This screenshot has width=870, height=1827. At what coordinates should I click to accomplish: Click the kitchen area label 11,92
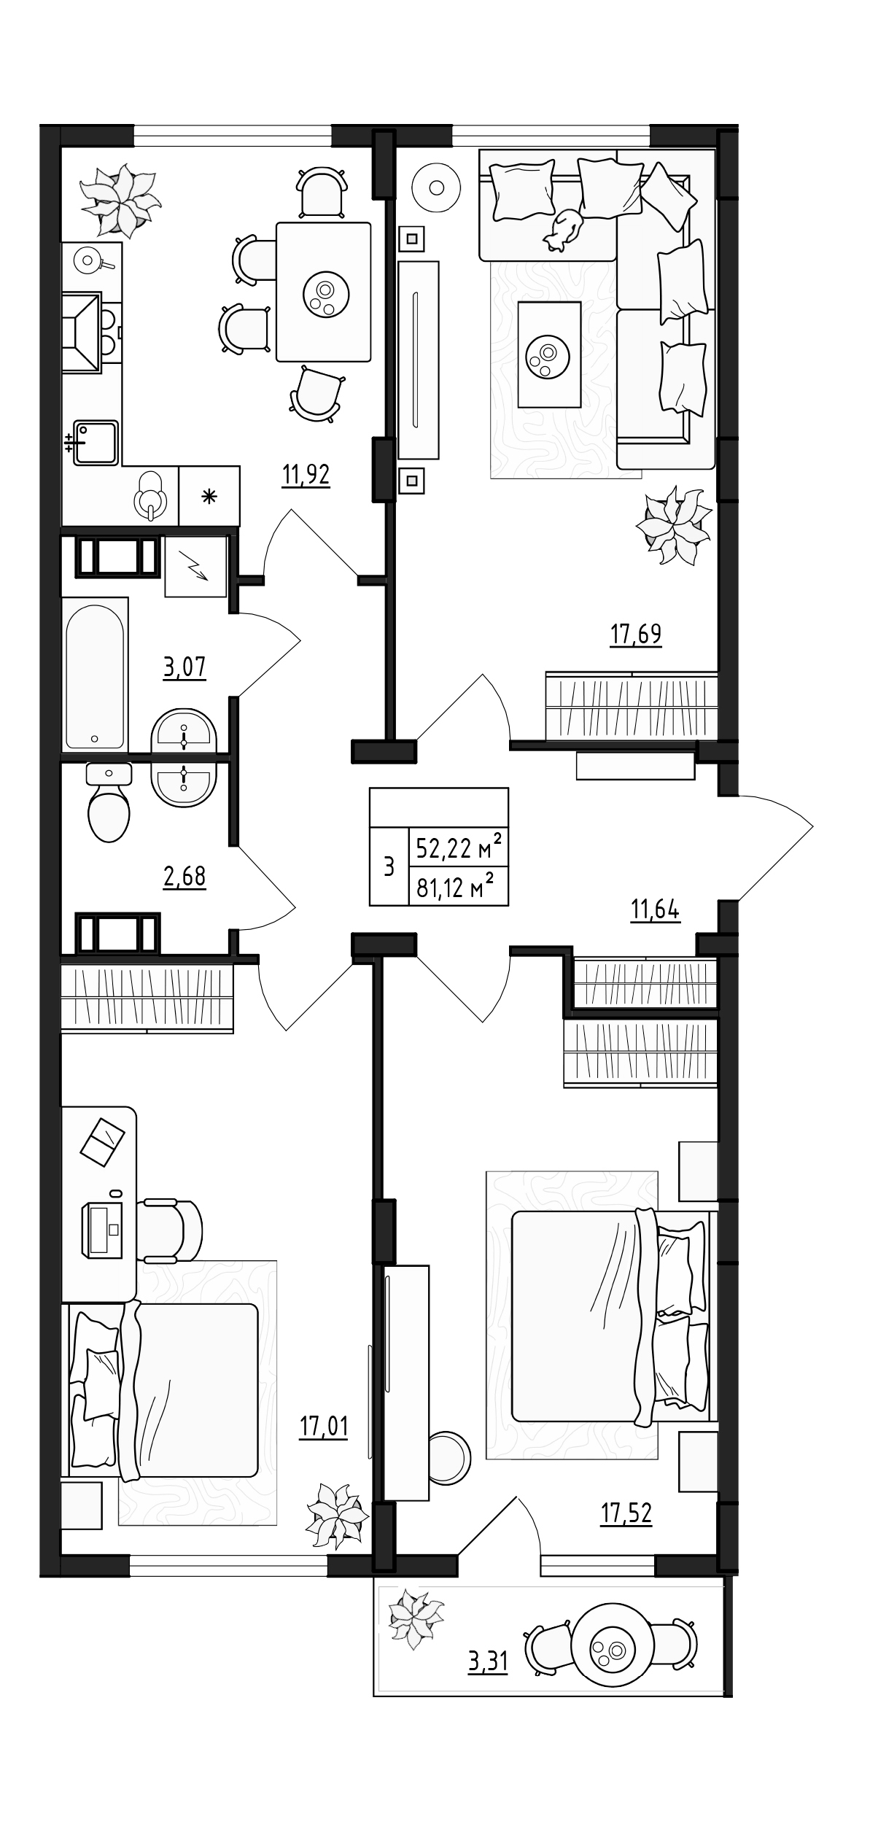[x=306, y=476]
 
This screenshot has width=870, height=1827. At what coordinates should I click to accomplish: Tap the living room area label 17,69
[x=635, y=635]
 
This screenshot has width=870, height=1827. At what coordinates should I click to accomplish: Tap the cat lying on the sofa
[x=564, y=229]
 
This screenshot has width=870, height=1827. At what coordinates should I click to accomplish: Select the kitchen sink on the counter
[x=95, y=441]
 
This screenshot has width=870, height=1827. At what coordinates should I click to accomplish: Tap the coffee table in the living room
[x=548, y=354]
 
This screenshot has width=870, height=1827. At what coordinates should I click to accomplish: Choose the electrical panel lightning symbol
[x=195, y=567]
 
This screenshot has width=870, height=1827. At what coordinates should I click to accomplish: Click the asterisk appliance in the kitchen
[x=209, y=497]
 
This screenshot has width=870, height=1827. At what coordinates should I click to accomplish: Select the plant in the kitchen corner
[x=120, y=199]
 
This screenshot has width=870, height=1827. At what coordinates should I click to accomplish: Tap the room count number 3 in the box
[x=389, y=867]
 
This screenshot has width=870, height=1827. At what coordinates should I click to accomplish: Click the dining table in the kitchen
[x=323, y=292]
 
